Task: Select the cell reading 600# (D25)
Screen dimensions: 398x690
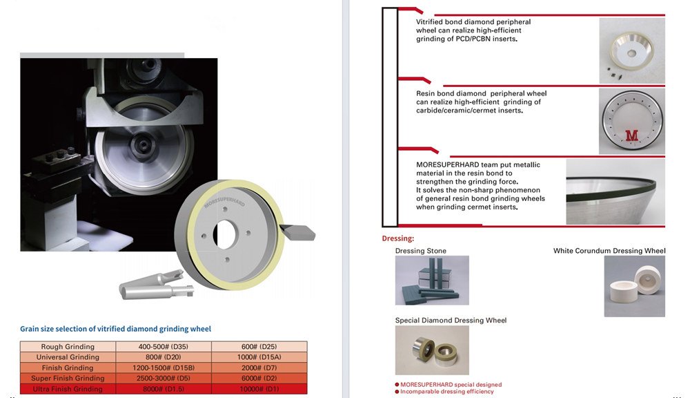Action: pos(259,347)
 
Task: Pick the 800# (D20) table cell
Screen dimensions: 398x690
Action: pos(164,357)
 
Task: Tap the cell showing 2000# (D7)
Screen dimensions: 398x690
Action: pos(259,368)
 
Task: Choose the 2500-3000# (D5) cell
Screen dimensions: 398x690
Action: pos(164,378)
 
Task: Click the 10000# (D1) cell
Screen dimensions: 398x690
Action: pos(259,389)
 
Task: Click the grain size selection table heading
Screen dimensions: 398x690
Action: pos(115,329)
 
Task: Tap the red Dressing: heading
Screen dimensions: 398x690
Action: pos(397,238)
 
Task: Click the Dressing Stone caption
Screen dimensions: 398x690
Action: pos(420,251)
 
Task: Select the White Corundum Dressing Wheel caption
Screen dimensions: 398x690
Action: pos(609,251)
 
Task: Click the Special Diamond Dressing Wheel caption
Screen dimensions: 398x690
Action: pos(451,321)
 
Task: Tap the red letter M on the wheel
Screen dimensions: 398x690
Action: pos(631,135)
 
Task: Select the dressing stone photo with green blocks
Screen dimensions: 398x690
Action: pos(431,281)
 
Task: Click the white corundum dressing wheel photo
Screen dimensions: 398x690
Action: pos(634,286)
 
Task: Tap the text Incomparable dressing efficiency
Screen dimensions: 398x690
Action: pos(446,392)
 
